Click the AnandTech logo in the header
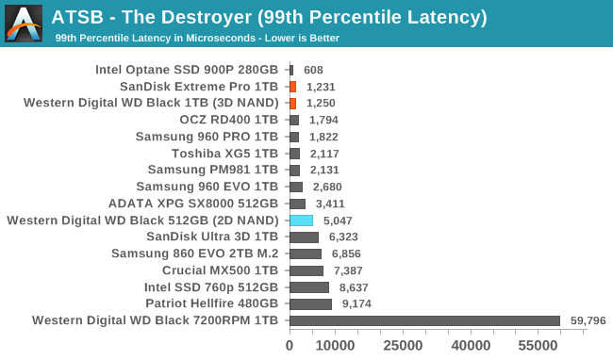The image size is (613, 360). click(24, 24)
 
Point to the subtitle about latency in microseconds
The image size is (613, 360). click(197, 39)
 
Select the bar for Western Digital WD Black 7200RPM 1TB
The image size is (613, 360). click(424, 321)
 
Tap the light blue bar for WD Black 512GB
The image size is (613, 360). click(301, 221)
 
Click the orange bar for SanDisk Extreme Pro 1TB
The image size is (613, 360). click(292, 87)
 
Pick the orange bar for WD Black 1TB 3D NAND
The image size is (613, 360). click(292, 103)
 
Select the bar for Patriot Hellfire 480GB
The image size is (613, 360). click(310, 304)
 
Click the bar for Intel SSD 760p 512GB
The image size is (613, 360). click(309, 287)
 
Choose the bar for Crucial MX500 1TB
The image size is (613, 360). click(306, 270)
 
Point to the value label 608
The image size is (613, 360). click(313, 70)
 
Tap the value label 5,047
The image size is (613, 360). click(338, 221)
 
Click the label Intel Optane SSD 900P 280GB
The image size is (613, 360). click(187, 70)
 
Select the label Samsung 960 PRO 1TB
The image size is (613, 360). click(207, 137)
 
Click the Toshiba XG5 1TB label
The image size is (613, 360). click(224, 154)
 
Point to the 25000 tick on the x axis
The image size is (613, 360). click(403, 346)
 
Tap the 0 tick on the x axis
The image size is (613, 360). click(290, 346)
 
